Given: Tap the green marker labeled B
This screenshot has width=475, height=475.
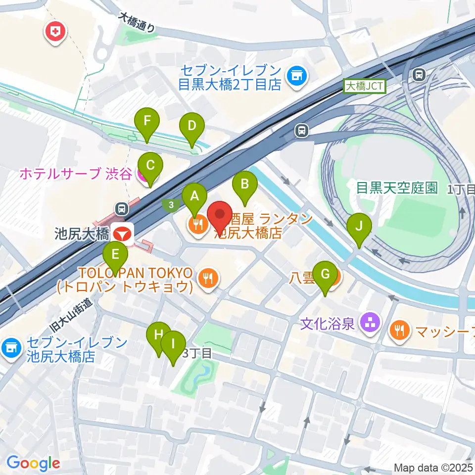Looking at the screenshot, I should [244, 185].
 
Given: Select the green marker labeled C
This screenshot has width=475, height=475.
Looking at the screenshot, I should [150, 166].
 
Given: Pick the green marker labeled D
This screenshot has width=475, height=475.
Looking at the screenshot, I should [192, 127].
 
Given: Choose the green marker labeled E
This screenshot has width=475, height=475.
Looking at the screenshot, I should [115, 255].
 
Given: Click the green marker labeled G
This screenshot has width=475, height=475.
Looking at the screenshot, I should [325, 275].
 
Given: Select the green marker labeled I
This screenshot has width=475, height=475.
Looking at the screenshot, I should [173, 344].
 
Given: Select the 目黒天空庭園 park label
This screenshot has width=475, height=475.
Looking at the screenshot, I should [397, 188].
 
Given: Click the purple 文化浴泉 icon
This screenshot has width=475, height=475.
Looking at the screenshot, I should [369, 324].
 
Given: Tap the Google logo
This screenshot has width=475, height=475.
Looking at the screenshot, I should [33, 463].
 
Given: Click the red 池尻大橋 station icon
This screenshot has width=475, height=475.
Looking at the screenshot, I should [121, 233].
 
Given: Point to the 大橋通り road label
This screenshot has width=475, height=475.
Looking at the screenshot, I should [137, 23].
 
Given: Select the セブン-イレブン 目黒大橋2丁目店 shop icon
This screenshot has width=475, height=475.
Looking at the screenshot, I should [298, 76].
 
